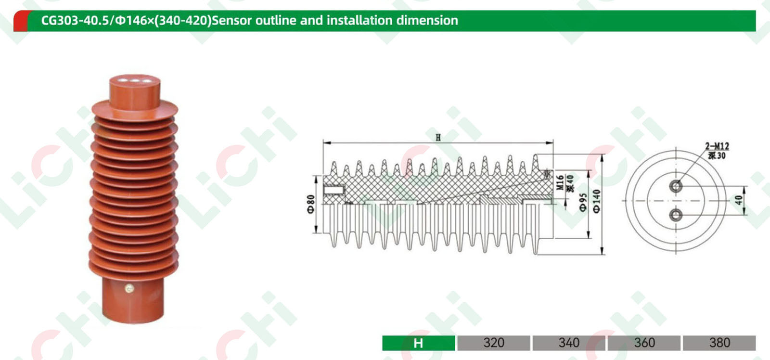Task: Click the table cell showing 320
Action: coord(494,343)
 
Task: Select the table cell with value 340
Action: coord(569,343)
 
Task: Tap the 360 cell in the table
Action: coord(644,343)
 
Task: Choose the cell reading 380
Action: coord(719,343)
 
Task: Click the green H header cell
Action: coord(418,343)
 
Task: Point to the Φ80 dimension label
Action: coord(311,204)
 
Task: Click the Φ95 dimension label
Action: coord(583,202)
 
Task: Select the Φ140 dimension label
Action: coord(597,201)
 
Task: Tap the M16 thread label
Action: coord(560,182)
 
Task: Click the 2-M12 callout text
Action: coord(717,146)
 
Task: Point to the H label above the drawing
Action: coord(438,138)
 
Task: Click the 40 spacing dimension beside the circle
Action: coord(739,200)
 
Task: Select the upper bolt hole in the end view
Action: coord(676,186)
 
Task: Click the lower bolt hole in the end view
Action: coord(676,215)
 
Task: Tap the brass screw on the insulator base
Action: coord(129,288)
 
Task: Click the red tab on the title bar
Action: coord(21,21)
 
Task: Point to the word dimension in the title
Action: coord(427,20)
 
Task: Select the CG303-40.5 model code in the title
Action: coord(75,20)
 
